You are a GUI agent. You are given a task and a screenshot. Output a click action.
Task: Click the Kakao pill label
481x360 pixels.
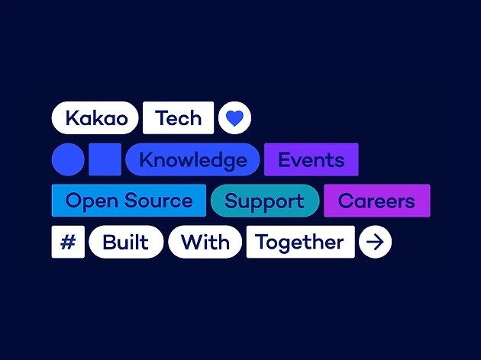pyautogui.click(x=95, y=117)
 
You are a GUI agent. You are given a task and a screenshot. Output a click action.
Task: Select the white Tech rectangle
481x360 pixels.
pyautogui.click(x=178, y=117)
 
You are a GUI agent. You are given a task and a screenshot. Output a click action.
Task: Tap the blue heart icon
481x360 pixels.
pyautogui.click(x=234, y=118)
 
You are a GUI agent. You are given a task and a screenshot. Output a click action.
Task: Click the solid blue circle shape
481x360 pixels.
pyautogui.click(x=68, y=159)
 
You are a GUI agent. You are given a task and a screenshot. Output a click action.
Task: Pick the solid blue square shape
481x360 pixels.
pyautogui.click(x=105, y=159)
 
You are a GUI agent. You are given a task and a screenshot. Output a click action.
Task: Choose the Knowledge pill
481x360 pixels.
pyautogui.click(x=192, y=159)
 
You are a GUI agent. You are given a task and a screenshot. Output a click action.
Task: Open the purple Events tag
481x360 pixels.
pyautogui.click(x=311, y=159)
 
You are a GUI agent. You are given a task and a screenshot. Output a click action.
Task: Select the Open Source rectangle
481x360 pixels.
pyautogui.click(x=129, y=201)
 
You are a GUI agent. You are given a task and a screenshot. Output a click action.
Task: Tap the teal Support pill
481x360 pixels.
pyautogui.click(x=265, y=201)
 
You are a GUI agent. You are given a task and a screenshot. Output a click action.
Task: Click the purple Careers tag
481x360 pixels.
pyautogui.click(x=377, y=201)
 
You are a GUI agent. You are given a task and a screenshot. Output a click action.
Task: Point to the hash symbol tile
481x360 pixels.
pyautogui.click(x=68, y=242)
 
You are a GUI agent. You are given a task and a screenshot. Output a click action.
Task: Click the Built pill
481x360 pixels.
pyautogui.click(x=126, y=242)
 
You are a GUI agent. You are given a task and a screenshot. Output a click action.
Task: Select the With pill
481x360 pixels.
pyautogui.click(x=205, y=242)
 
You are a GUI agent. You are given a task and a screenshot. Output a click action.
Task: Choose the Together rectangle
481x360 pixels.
pyautogui.click(x=301, y=242)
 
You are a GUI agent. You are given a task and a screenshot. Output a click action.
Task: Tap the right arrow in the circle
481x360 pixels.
pyautogui.click(x=375, y=242)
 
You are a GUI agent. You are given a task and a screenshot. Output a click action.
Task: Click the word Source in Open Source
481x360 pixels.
pyautogui.click(x=159, y=201)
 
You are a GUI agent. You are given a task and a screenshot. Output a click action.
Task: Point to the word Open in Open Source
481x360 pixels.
pyautogui.click(x=92, y=201)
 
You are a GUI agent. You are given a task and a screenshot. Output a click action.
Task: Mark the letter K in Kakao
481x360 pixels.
pyautogui.click(x=73, y=117)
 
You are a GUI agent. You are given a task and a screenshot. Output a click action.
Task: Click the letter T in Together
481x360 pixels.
pyautogui.click(x=263, y=242)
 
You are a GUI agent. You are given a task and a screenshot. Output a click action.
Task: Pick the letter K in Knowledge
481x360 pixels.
pyautogui.click(x=147, y=159)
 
